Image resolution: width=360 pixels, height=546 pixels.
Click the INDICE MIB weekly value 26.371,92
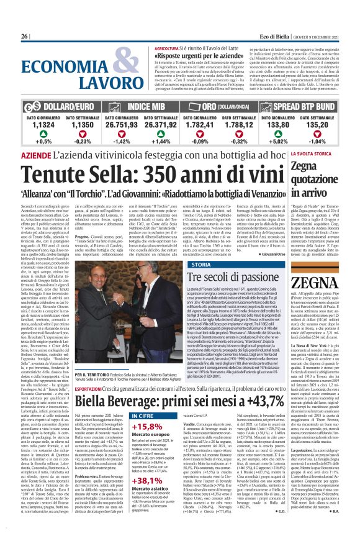[x=164, y=125]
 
